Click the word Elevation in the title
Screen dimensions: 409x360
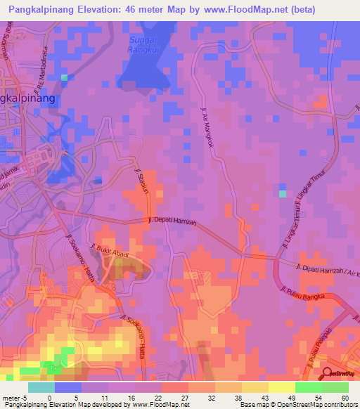click(x=116, y=10)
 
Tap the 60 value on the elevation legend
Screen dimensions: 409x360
click(x=345, y=397)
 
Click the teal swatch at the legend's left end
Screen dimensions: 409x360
click(x=41, y=387)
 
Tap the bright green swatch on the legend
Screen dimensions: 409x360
click(x=309, y=387)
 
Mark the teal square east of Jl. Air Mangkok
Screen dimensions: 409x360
click(x=283, y=193)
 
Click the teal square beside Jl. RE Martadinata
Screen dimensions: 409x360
click(x=65, y=77)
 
